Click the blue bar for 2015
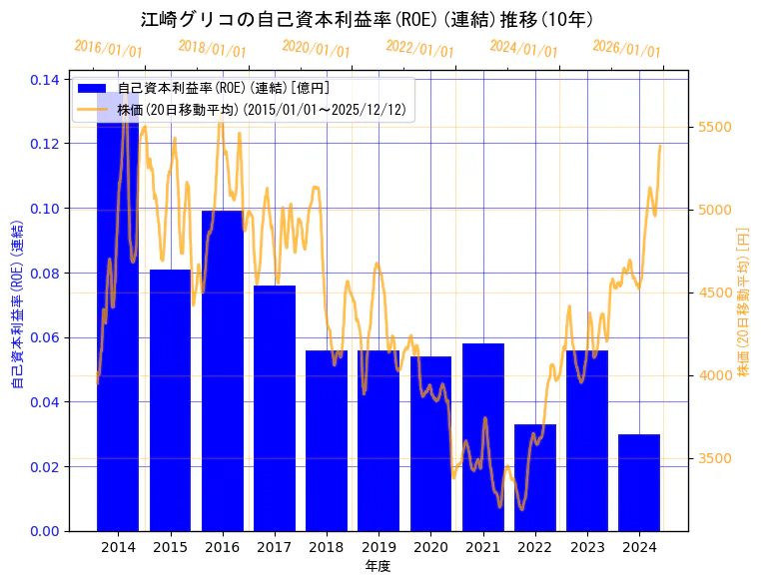coord(170,399)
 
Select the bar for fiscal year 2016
coord(222,369)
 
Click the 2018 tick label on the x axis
coord(327,547)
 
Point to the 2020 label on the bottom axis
coord(430,547)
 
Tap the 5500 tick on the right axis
coord(715,127)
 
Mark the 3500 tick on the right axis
coord(715,458)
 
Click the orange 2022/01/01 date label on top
coord(419,49)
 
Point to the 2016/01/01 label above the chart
coord(108,49)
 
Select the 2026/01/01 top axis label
coord(626,49)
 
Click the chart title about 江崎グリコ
coord(367,19)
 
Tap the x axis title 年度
coord(378,566)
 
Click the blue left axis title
coord(17,304)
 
